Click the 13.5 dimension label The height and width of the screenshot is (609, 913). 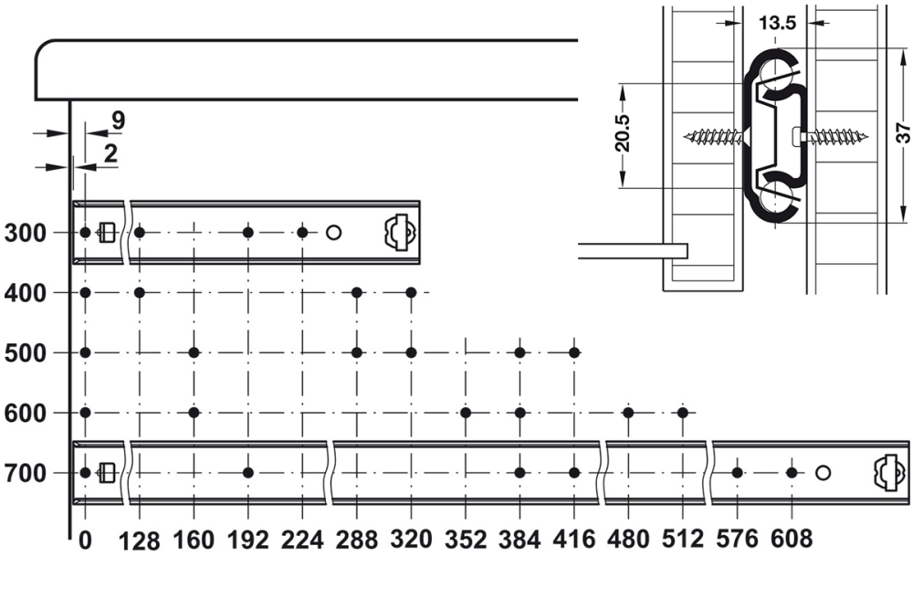tap(777, 23)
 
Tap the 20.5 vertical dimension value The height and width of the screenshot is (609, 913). tap(622, 133)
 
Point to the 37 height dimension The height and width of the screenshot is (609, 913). tap(903, 132)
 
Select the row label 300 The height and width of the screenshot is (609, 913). tap(25, 233)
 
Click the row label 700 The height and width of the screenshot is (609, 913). tap(25, 473)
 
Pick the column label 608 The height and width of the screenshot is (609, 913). tap(792, 539)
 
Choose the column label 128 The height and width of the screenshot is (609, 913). tap(139, 541)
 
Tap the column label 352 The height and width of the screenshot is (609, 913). tap(466, 540)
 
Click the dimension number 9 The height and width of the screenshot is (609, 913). tap(118, 121)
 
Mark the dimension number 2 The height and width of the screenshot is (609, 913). tap(110, 153)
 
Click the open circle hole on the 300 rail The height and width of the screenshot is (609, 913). tap(333, 233)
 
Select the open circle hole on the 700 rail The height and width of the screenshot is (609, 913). tap(823, 473)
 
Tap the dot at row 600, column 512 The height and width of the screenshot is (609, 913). tap(683, 413)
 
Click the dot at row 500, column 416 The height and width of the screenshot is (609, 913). tap(574, 352)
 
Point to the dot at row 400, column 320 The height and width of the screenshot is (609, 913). tap(411, 292)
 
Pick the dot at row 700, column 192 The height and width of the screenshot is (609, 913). tap(248, 473)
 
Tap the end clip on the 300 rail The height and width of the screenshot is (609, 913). tap(401, 233)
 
